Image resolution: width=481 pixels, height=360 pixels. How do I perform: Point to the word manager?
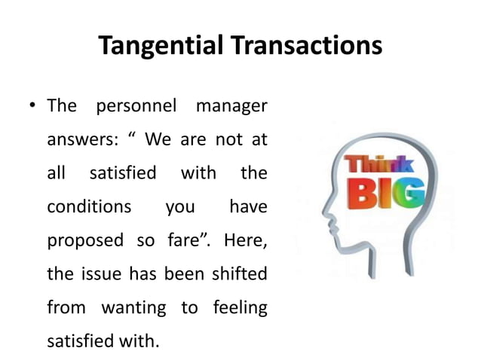[231, 105]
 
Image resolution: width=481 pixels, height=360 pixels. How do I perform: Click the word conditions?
[89, 206]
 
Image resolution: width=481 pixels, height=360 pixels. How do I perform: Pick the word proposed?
[85, 240]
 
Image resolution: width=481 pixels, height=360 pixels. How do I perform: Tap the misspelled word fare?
[185, 240]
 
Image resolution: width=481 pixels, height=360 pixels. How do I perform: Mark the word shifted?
[240, 273]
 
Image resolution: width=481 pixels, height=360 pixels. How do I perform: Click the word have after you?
[247, 206]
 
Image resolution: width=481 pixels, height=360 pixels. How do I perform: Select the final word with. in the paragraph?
[141, 340]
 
